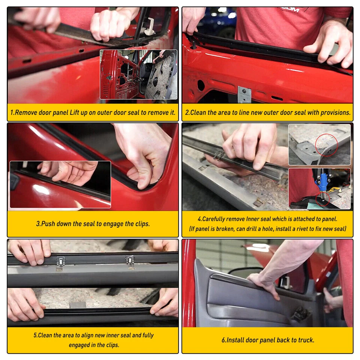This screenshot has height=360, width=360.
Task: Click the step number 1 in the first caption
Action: [x=12, y=112]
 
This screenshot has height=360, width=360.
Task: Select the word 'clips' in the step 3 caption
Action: [x=141, y=224]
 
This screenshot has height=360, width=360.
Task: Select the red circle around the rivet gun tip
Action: [x=324, y=199]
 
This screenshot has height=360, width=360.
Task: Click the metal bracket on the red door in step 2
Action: [x=244, y=94]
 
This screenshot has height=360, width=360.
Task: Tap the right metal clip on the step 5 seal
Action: [x=130, y=261]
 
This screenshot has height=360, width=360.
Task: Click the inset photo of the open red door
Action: [x=138, y=74]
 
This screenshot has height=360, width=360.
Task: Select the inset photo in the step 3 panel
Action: [x=60, y=184]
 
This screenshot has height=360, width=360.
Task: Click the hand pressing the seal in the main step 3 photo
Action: [x=144, y=157]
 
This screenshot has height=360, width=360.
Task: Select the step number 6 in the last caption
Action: [x=224, y=340]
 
